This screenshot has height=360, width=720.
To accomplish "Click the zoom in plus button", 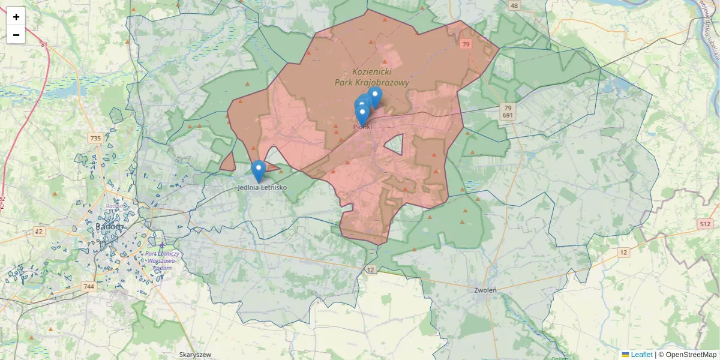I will point(16,17).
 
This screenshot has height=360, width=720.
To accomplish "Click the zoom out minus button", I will point(16,35).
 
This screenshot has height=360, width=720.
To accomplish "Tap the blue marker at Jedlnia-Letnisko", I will point(258,170).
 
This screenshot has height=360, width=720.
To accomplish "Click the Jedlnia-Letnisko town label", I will point(262,188).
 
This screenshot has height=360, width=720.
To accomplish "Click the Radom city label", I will point(109,227).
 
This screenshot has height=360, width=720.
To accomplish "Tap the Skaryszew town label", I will point(196,355).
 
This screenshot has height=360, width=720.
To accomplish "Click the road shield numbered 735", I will point(95,138).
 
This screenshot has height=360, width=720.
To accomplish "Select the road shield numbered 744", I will point(89,287).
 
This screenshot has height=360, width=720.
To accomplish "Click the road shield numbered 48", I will point(514,6).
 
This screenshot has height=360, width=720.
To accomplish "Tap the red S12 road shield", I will point(704,224).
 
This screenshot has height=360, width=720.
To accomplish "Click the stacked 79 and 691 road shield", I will point(508,111).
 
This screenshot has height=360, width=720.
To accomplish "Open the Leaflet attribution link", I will point(641,355).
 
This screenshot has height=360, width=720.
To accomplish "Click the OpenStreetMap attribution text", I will point(687,355).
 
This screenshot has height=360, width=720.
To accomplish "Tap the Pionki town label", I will point(362,127).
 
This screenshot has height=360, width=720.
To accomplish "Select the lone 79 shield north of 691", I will point(466,44).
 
